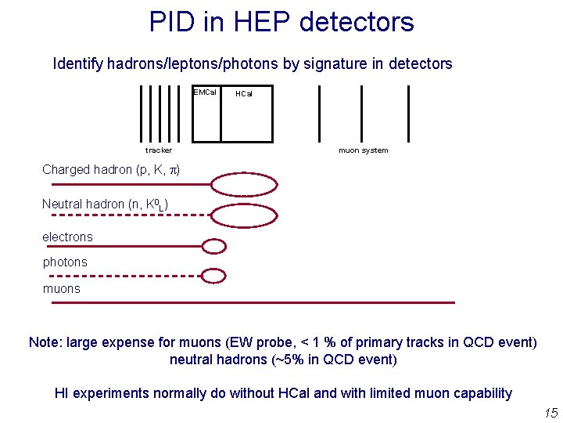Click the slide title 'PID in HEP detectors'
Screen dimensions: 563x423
[281, 21]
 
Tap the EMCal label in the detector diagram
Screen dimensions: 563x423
[205, 92]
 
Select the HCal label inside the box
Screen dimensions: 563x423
[244, 93]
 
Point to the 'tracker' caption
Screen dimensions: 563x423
[159, 150]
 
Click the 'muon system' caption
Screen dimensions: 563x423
[363, 150]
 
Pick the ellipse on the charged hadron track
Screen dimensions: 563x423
[245, 185]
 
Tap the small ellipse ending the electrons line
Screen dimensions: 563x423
[213, 246]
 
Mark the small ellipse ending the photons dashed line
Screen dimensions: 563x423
[213, 275]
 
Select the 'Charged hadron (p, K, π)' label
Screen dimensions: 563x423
[111, 170]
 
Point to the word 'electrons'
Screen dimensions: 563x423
[67, 237]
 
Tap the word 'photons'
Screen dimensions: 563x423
[65, 262]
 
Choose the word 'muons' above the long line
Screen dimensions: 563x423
[61, 288]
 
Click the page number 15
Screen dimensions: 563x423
[550, 413]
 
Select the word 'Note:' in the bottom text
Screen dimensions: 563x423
[45, 342]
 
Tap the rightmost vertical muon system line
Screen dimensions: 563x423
[409, 113]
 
